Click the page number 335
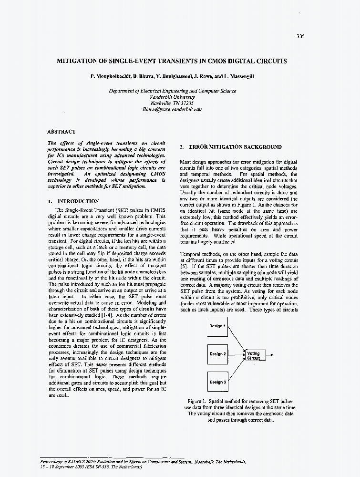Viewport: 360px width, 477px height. tap(300, 36)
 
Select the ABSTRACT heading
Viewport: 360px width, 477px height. tap(61, 131)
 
